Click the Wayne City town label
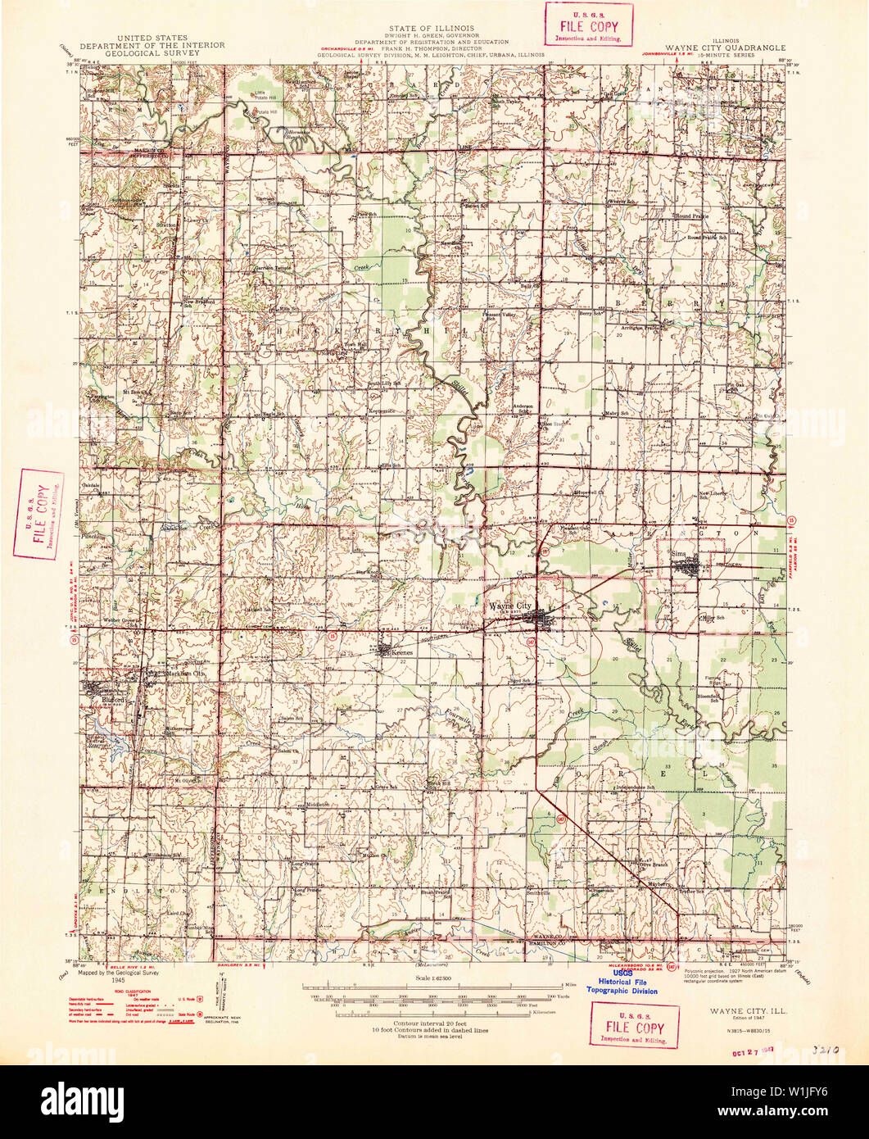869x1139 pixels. coord(509,606)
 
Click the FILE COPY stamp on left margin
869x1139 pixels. coord(37,514)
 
